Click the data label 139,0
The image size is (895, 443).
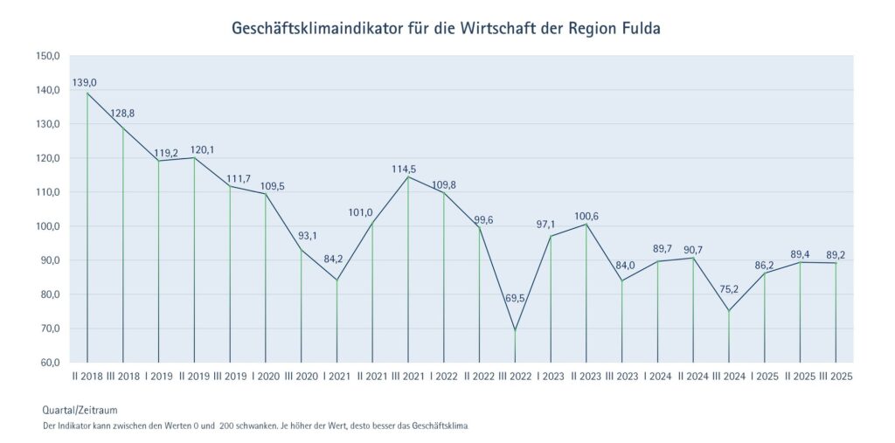(x=85, y=82)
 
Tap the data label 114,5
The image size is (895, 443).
(x=407, y=169)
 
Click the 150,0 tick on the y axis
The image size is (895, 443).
(x=47, y=56)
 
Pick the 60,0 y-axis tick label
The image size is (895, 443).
(x=49, y=363)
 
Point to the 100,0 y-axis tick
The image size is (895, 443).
(x=47, y=226)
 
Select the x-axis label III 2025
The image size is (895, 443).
(x=835, y=377)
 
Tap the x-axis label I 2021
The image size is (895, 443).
(x=336, y=377)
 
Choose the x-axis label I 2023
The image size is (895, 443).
(x=551, y=377)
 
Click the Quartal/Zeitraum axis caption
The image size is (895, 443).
(x=80, y=409)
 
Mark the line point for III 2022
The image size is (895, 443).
(x=515, y=330)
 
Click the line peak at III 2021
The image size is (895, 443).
(x=408, y=177)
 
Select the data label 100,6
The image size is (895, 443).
(x=586, y=216)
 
